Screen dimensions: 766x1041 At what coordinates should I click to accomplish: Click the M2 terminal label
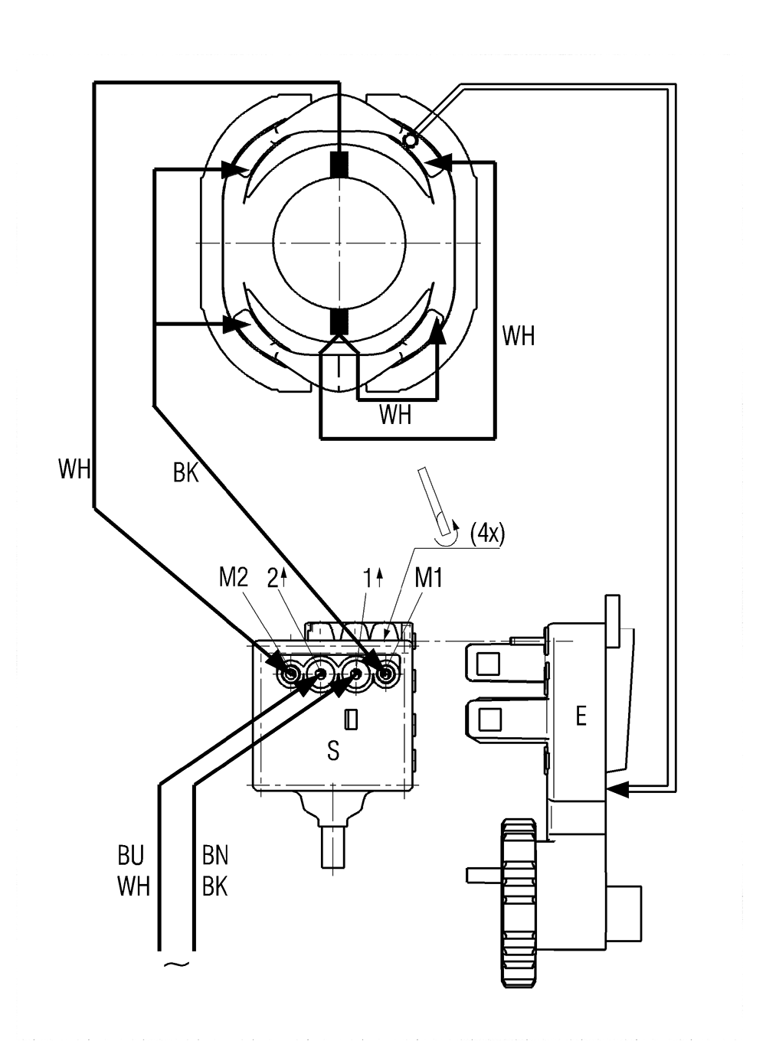[x=233, y=579]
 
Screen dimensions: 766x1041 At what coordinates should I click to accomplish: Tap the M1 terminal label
[x=428, y=579]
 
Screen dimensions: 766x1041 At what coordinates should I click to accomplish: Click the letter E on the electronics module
[x=581, y=716]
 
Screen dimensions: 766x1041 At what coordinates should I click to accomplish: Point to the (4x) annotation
[x=487, y=534]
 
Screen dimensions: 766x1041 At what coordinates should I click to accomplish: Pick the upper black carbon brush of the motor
[x=339, y=165]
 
